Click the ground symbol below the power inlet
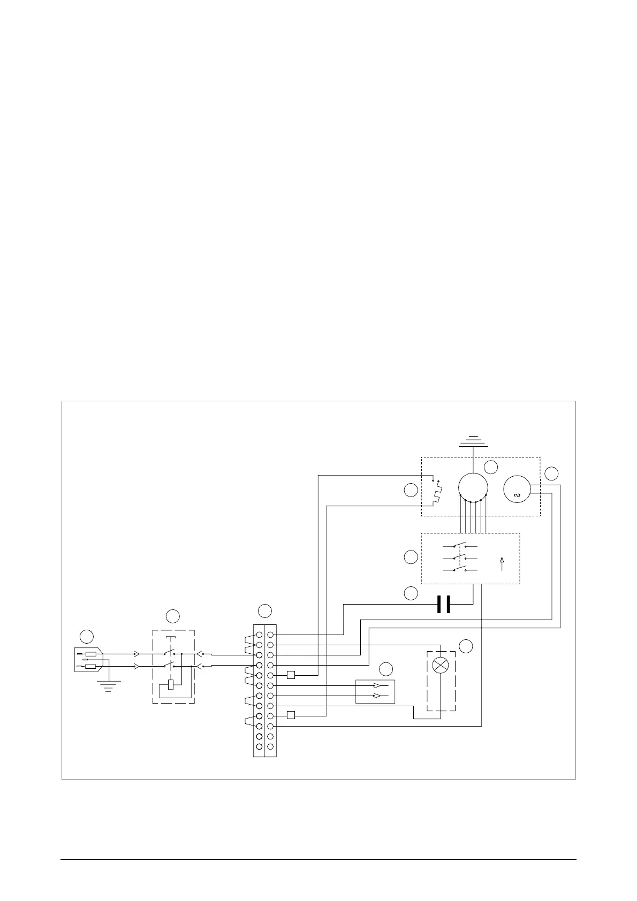click(x=108, y=685)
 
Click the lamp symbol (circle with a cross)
click(x=441, y=665)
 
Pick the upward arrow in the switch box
click(x=502, y=563)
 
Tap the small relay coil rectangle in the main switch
click(x=171, y=684)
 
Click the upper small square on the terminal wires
click(x=291, y=675)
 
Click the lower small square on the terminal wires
click(x=291, y=715)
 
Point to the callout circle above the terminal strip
click(x=264, y=611)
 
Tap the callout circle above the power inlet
click(x=87, y=636)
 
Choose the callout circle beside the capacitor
click(x=411, y=593)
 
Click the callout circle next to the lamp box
click(x=466, y=646)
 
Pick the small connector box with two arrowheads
click(x=375, y=691)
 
